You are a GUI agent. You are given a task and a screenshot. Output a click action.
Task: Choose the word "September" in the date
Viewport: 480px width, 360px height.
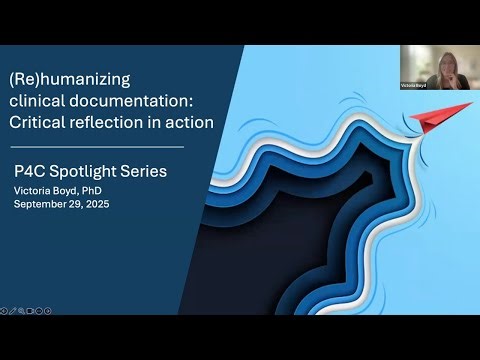tap(45, 204)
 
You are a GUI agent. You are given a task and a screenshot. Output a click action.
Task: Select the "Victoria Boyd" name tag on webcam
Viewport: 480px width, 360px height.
tap(413, 87)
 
